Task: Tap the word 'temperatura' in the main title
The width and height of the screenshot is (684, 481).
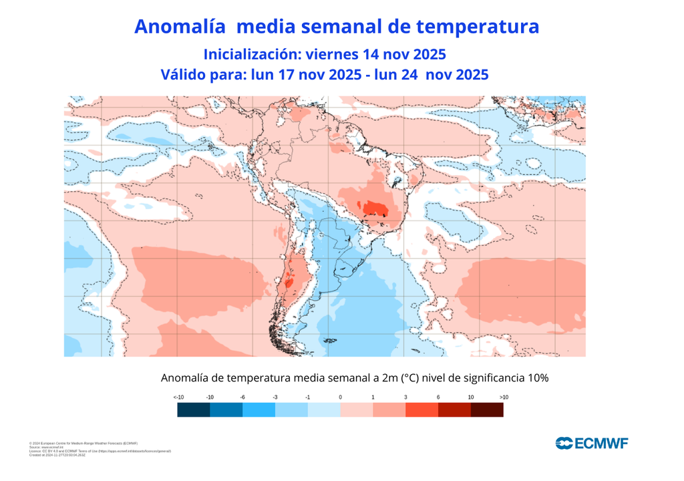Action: pos(477,27)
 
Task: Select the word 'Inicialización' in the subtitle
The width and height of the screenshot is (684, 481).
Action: pos(247,53)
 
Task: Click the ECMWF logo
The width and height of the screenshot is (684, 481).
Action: pos(591,443)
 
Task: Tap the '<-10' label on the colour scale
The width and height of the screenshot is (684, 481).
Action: pos(178,397)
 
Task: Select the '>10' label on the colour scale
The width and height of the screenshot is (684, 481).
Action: pos(504,397)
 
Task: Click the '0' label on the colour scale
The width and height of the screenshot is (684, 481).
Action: pos(341,397)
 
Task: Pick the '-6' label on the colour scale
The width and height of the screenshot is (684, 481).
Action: pos(242,397)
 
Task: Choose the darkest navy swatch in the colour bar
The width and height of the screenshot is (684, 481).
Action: pos(194,410)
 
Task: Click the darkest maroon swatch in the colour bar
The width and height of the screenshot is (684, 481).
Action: pos(487,410)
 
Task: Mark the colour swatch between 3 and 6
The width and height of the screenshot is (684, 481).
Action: pos(421,410)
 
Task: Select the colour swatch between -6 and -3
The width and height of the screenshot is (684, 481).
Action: pos(259,410)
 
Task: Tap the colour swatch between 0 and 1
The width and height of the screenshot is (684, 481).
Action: pos(357,410)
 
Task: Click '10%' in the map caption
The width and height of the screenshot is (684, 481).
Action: pos(536,378)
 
